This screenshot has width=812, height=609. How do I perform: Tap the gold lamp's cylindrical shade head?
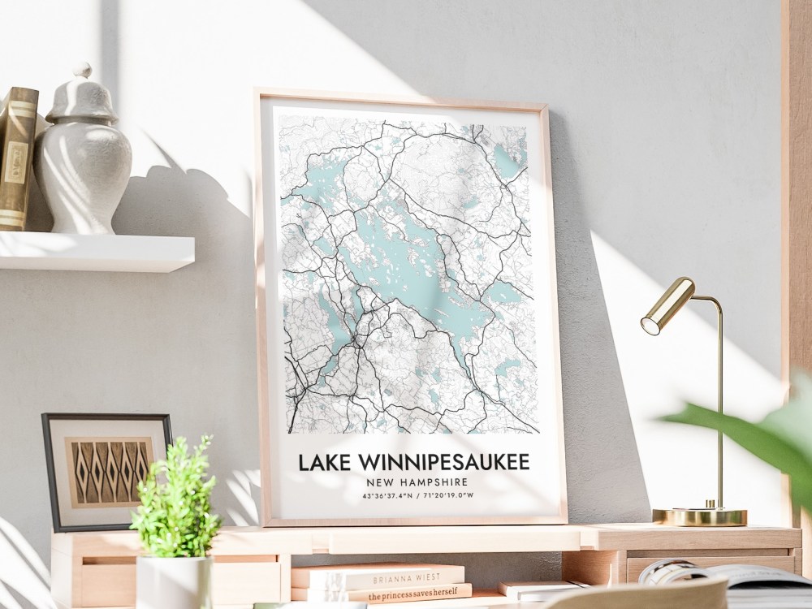(667, 306)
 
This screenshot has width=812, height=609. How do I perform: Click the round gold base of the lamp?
(699, 516)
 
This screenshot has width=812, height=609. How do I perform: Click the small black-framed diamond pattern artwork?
(106, 469)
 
